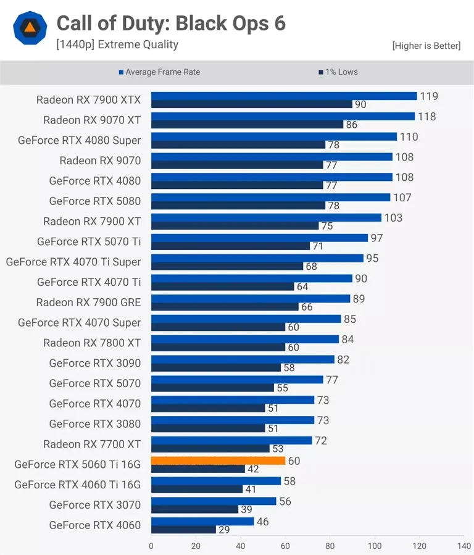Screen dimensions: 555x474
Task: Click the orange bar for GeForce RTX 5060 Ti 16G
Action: pos(218,461)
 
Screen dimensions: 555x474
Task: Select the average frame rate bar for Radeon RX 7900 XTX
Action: pos(284,96)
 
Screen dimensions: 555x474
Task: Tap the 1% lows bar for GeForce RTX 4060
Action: pos(183,530)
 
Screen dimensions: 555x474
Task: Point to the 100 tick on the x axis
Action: pos(375,546)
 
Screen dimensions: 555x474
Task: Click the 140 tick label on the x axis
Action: pos(464,546)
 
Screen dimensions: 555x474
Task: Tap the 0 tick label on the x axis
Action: pos(151,546)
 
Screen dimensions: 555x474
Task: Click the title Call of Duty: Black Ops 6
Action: pos(171,23)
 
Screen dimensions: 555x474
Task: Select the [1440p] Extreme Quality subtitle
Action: pos(117,44)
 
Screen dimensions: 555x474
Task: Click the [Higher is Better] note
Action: pos(426,46)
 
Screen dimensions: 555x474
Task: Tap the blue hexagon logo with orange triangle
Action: pos(30,27)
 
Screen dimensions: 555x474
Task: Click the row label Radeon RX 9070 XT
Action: pos(92,120)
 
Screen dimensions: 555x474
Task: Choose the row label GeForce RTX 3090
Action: pos(95,363)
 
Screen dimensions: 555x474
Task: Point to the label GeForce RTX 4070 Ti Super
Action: pos(73,262)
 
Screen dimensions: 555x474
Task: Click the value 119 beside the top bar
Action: pos(429,96)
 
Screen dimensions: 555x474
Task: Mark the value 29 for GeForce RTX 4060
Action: pos(225,530)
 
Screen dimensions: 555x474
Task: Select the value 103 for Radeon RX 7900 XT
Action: pos(393,218)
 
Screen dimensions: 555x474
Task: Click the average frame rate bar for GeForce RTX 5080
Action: pos(270,197)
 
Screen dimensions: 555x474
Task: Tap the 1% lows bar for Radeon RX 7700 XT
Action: pos(210,449)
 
